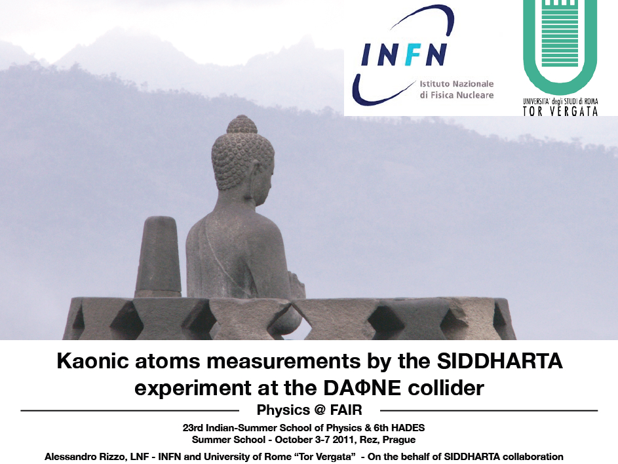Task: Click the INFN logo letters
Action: [x=404, y=54]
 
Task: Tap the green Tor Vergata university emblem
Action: [x=560, y=43]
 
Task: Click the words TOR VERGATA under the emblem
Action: [x=560, y=111]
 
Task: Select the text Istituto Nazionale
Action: [x=456, y=84]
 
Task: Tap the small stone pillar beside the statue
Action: [x=159, y=256]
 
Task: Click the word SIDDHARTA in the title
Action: [x=500, y=361]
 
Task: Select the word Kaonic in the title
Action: [x=92, y=361]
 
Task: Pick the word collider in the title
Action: [x=446, y=388]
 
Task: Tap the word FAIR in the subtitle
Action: [x=346, y=410]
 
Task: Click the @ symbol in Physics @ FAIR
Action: [x=320, y=410]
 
